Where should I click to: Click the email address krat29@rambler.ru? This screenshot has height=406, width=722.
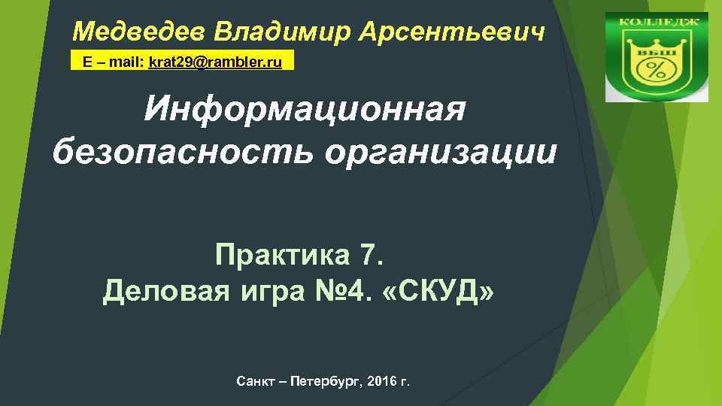[x=215, y=62]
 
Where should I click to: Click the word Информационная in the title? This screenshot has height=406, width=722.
[x=305, y=111]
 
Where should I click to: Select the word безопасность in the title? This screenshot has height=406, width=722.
[x=184, y=152]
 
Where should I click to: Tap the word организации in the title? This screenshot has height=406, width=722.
[x=441, y=152]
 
